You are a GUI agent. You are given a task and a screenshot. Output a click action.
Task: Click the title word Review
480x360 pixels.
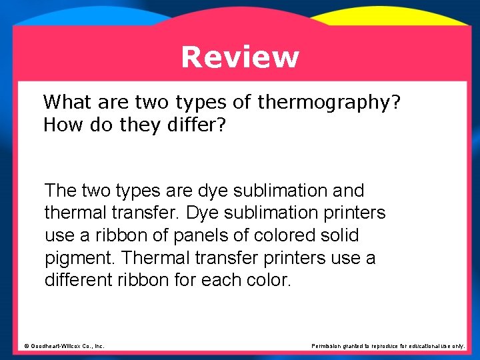[240, 57]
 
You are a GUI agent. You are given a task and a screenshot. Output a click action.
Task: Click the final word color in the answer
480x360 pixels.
[269, 280]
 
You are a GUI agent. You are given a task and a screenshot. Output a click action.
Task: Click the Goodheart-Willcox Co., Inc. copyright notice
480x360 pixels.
[64, 346]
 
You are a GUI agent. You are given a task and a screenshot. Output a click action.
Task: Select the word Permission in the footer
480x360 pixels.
[327, 346]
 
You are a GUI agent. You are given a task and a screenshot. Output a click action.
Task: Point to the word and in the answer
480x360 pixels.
[348, 191]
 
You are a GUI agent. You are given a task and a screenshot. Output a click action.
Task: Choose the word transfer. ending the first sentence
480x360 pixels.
[151, 213]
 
